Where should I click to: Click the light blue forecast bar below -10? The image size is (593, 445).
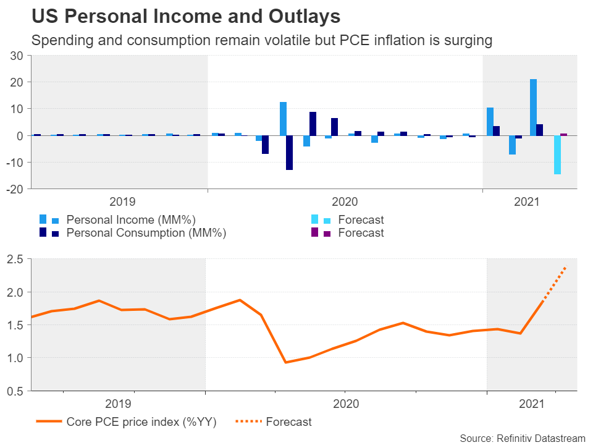coord(557,155)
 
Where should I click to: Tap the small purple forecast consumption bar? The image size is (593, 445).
coord(563,134)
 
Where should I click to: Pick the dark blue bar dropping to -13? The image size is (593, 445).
coord(289,152)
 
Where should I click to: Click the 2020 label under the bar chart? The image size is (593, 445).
coord(345,201)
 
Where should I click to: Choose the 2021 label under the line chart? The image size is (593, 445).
coord(531,404)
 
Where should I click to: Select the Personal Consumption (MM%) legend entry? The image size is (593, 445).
coord(146,233)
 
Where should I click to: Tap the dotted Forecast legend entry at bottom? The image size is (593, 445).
coord(288,422)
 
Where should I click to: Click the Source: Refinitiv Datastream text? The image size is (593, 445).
coord(522,438)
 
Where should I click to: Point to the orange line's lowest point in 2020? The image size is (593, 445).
coord(285,362)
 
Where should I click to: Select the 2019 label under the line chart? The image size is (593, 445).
coord(118,404)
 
